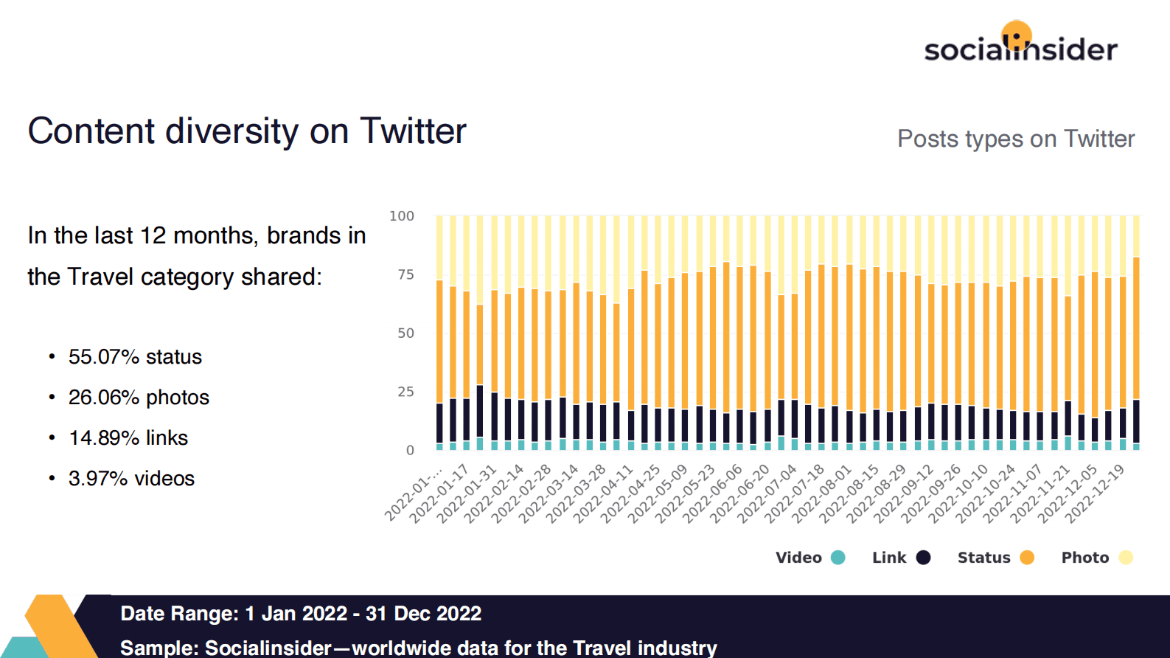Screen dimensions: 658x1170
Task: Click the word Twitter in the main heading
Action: pos(413,131)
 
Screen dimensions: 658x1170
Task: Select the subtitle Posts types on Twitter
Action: pos(1015,139)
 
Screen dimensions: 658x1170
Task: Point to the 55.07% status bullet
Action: pos(135,357)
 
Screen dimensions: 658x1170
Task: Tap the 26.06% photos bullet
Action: pos(139,398)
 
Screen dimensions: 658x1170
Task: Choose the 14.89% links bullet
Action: pos(128,438)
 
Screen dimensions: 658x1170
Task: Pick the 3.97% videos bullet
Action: pos(131,479)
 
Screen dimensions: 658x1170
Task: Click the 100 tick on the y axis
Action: pos(402,216)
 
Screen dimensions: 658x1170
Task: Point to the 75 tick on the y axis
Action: pos(405,274)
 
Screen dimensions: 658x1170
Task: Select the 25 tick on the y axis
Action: pos(405,392)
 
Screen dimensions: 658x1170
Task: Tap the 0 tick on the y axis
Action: pos(410,450)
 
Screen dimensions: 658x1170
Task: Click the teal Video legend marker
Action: pos(838,558)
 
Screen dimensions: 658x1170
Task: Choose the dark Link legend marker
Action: pos(923,558)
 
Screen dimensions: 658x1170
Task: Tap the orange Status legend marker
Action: pos(1027,558)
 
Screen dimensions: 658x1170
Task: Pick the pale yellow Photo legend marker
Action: pos(1126,558)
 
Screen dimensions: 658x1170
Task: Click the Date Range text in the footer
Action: pos(301,614)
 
